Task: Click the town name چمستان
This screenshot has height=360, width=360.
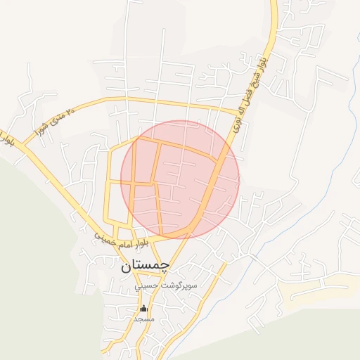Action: click(x=146, y=265)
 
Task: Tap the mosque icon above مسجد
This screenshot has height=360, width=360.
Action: click(x=144, y=308)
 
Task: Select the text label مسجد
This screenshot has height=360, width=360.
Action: click(x=144, y=319)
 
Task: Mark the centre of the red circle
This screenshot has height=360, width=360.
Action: click(x=180, y=179)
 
